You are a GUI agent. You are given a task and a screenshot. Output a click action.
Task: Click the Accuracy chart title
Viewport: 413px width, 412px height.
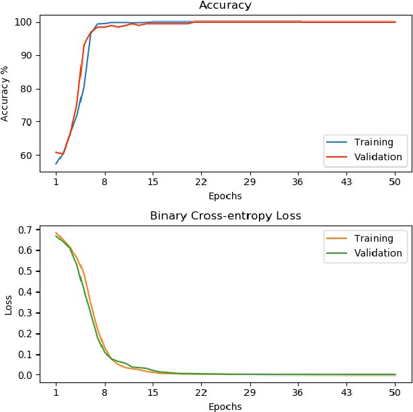coord(225,5)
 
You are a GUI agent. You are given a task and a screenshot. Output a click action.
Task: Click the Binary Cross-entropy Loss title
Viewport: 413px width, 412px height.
coord(225,216)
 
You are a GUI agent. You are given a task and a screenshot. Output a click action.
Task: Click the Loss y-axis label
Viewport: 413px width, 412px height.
coord(9,305)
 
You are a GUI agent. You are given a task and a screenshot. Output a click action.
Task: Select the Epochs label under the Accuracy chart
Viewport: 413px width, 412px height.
coord(225,197)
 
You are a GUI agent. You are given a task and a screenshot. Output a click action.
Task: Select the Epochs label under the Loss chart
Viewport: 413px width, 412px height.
coord(225,407)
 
